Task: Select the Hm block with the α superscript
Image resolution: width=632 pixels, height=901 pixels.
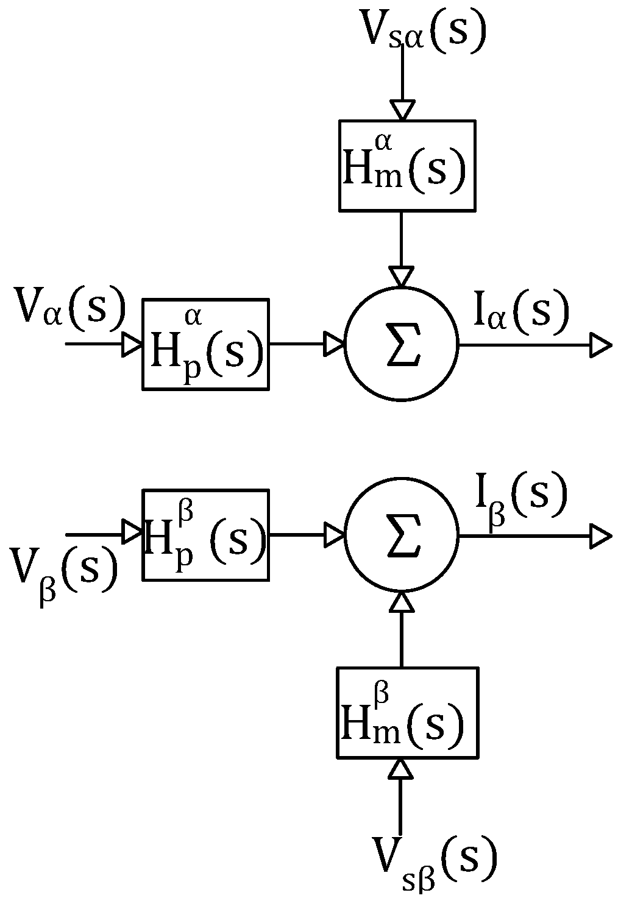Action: [407, 166]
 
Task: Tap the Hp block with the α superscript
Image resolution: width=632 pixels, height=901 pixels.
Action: [206, 344]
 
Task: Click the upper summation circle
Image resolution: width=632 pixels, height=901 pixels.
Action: [401, 344]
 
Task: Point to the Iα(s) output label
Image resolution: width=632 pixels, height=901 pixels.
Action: [521, 312]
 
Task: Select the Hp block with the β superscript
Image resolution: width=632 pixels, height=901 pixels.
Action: [206, 535]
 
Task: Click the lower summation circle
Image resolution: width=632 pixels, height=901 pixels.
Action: [401, 535]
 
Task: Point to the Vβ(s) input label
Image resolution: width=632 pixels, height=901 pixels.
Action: [64, 570]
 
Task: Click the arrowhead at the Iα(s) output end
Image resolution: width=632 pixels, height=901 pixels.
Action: [600, 345]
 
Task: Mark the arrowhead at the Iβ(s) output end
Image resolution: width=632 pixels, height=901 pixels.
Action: [600, 536]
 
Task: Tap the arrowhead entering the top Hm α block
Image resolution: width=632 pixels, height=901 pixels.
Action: [402, 110]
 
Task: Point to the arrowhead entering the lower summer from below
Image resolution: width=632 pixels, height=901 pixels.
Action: [401, 602]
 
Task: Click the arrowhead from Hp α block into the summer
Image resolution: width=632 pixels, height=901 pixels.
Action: [334, 344]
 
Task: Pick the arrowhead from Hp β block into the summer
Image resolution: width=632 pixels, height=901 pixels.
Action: [334, 535]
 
